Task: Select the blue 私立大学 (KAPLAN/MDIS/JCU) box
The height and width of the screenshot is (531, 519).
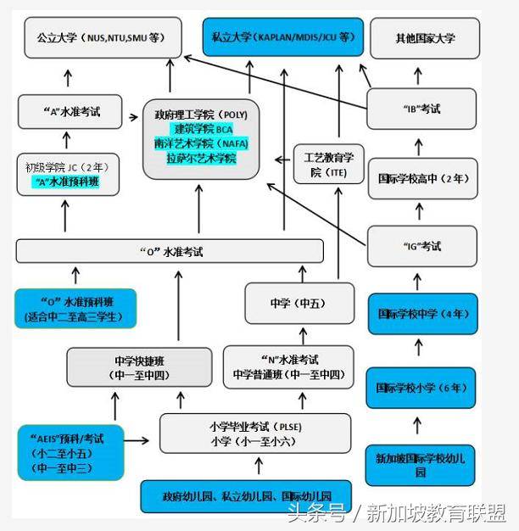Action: coord(283,38)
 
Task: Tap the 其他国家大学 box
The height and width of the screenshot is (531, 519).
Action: coord(425,38)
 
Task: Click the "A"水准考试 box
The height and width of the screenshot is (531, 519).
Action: coord(71,112)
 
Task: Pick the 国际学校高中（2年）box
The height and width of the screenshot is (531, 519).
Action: coord(422,179)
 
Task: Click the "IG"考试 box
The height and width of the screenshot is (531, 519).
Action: coord(422,247)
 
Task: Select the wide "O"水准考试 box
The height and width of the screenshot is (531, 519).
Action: coord(170,251)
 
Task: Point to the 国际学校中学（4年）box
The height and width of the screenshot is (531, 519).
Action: coord(421,314)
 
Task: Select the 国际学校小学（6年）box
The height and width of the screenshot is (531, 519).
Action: coord(421,388)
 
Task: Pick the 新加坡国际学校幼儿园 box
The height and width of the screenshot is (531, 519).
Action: coord(421,464)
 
